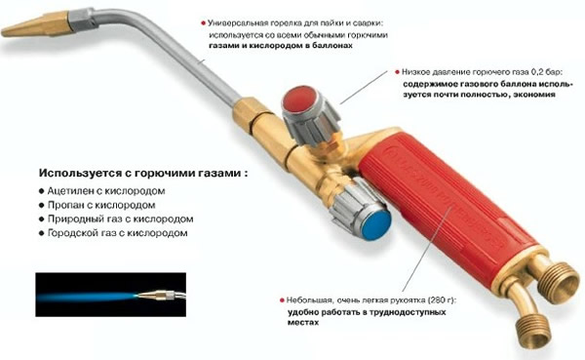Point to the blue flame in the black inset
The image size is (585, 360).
click(88, 296)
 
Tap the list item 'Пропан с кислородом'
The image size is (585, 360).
click(99, 205)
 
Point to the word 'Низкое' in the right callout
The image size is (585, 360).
click(420, 72)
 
